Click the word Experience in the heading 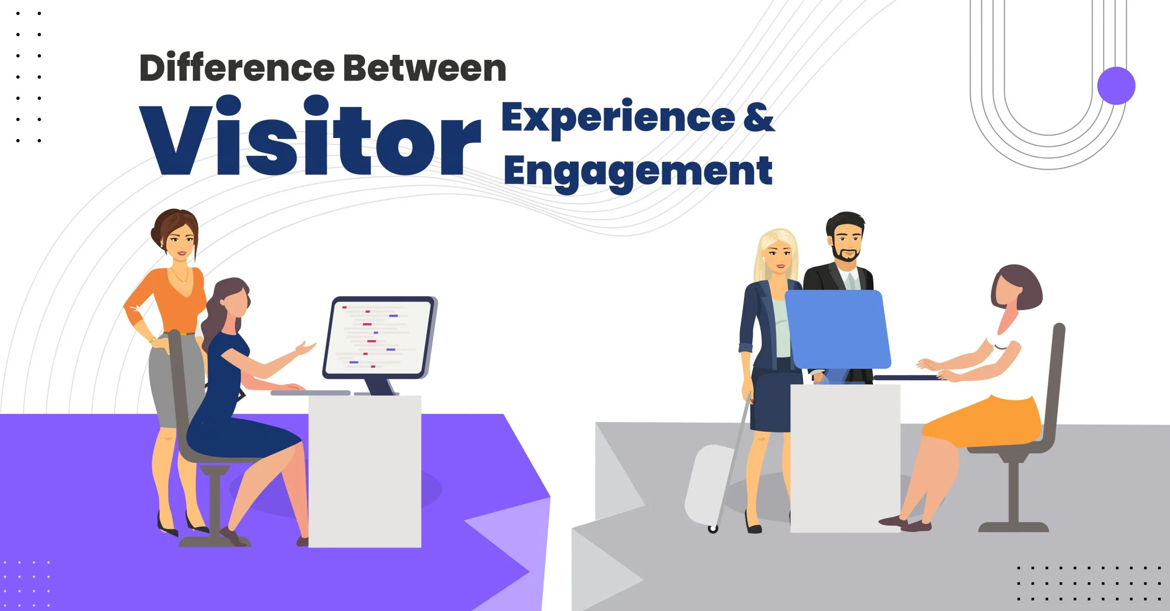(x=618, y=118)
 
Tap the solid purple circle (x=1116, y=86)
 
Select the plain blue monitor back (x=838, y=329)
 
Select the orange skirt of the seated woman (x=983, y=423)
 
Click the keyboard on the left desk (x=310, y=393)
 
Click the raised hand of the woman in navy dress (x=305, y=349)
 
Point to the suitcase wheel (x=713, y=529)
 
